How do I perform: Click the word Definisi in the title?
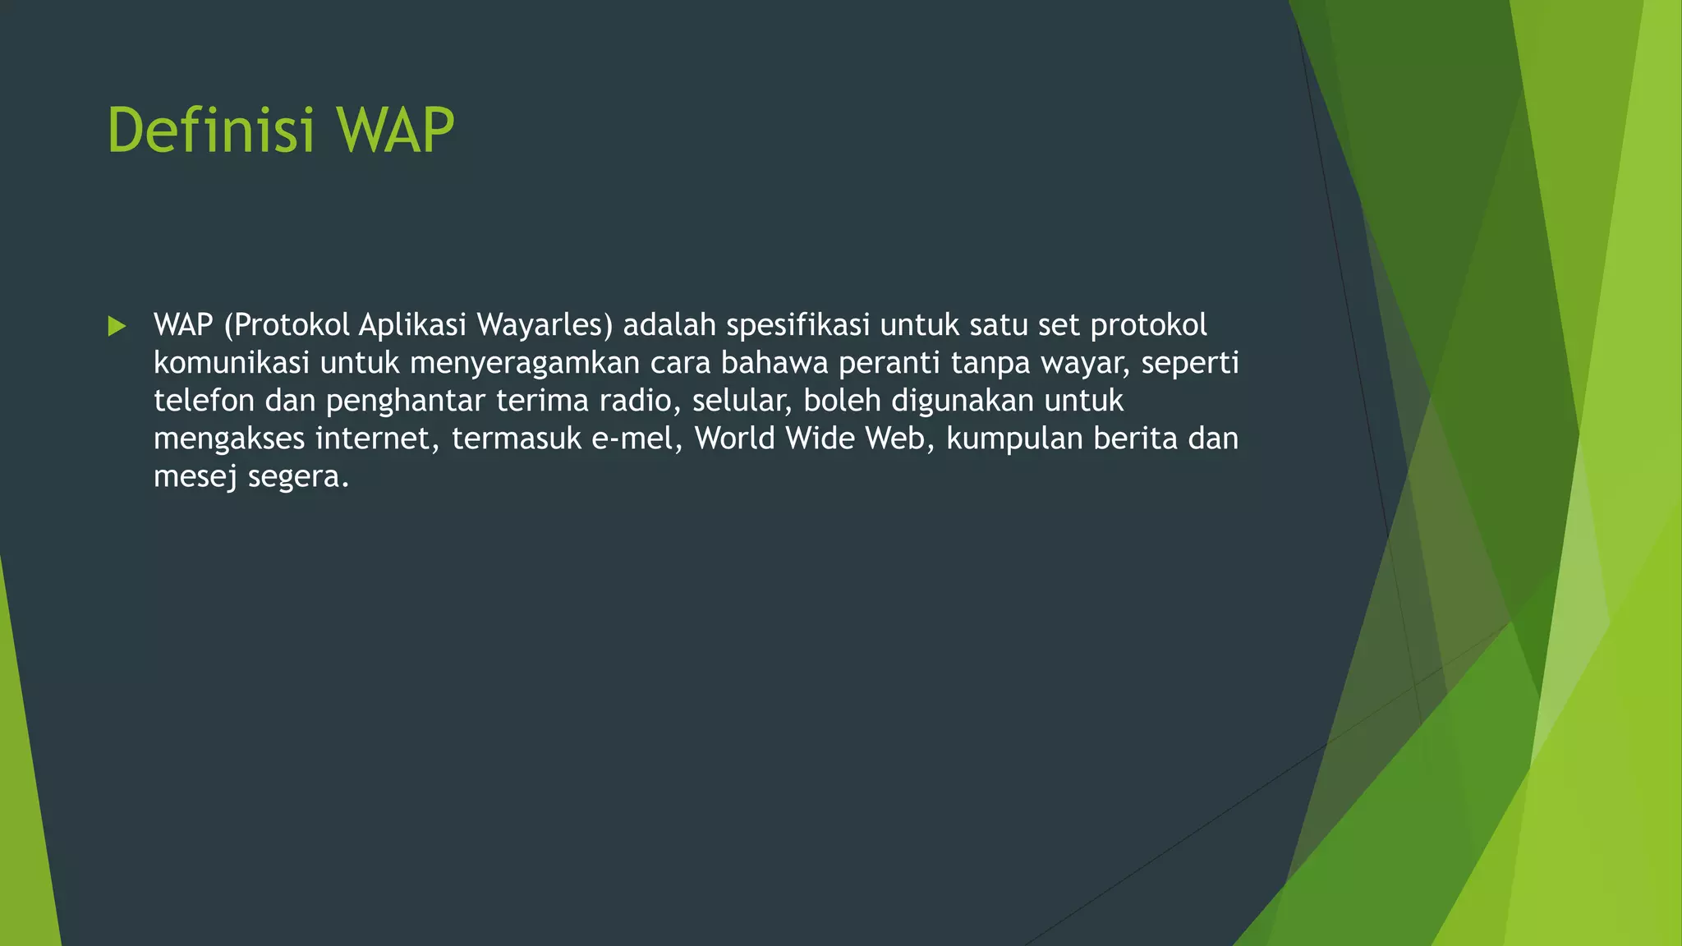point(210,130)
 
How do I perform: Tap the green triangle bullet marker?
point(117,326)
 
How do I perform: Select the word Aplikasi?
point(412,325)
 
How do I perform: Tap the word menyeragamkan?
point(525,363)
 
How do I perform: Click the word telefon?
point(204,401)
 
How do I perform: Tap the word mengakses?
point(229,439)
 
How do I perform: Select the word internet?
point(377,439)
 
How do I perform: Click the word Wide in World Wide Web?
point(820,439)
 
